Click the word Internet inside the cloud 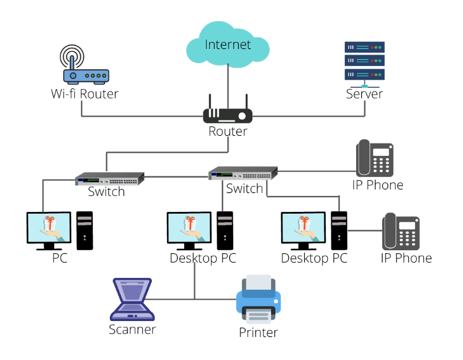[227, 44]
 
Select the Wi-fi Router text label [84, 94]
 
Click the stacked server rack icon [364, 61]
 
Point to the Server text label [364, 94]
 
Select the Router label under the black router [228, 131]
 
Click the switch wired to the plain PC [109, 178]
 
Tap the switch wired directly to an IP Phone [243, 174]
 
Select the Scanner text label [132, 329]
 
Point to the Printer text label [258, 332]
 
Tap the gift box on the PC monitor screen [50, 223]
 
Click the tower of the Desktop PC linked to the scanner [224, 230]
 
